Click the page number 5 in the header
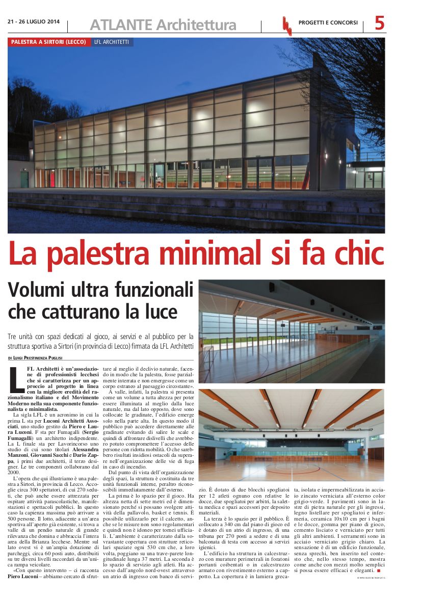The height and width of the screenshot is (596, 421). point(380,22)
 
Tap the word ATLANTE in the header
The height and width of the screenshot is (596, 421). point(121,24)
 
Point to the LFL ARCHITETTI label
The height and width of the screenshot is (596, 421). point(112,42)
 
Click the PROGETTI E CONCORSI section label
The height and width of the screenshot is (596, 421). point(328,22)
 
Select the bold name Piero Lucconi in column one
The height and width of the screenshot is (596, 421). point(25,577)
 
